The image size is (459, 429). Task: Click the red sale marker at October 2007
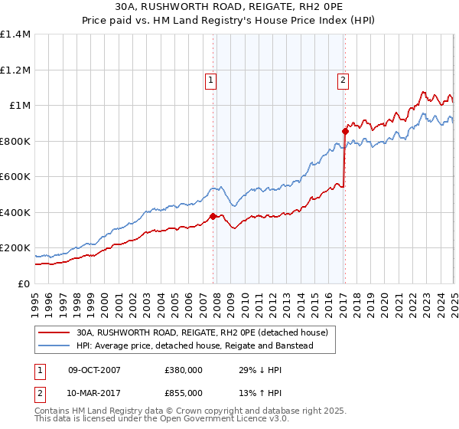click(213, 216)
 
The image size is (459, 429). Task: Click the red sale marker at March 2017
click(345, 131)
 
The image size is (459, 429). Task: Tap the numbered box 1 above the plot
click(210, 77)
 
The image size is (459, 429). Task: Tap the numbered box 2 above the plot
click(343, 77)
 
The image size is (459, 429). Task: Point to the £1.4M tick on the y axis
click(15, 34)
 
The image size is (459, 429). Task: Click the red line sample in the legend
click(54, 332)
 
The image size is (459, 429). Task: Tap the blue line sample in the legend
click(54, 346)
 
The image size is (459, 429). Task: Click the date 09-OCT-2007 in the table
click(94, 370)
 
